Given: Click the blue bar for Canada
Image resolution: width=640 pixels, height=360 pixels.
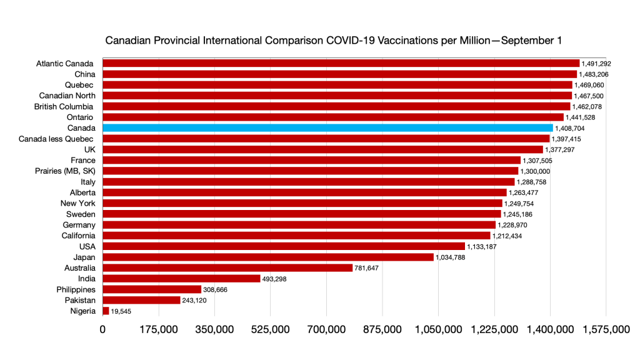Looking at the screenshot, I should pyautogui.click(x=327, y=127).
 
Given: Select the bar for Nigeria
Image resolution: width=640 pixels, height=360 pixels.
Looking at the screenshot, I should pyautogui.click(x=106, y=311).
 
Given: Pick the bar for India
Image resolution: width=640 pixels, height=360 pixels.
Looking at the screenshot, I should pyautogui.click(x=181, y=279).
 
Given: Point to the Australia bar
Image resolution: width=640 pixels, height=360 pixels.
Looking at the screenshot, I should pyautogui.click(x=227, y=267).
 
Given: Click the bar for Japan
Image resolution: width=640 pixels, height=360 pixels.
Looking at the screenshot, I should pyautogui.click(x=268, y=257).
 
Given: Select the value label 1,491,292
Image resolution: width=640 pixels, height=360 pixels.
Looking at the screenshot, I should pyautogui.click(x=596, y=63).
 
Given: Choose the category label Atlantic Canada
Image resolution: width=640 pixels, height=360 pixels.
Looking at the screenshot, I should pyautogui.click(x=65, y=63).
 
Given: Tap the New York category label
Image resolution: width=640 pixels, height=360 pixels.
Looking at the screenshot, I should pyautogui.click(x=77, y=203).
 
